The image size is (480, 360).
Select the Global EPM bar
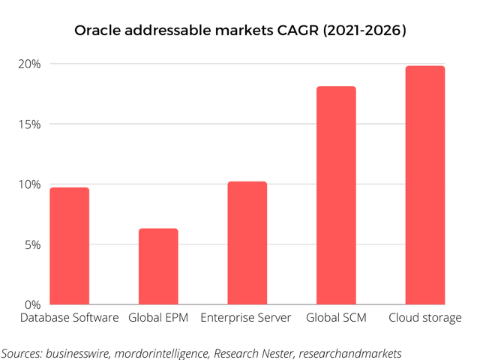[158, 266]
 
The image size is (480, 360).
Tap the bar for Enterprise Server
[247, 243]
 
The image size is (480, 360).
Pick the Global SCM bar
[336, 196]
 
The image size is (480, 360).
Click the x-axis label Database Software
[69, 318]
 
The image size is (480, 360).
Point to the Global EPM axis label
[158, 318]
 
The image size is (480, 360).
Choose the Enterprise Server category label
[246, 318]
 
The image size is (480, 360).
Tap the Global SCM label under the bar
[336, 318]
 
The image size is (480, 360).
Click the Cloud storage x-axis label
[424, 318]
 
